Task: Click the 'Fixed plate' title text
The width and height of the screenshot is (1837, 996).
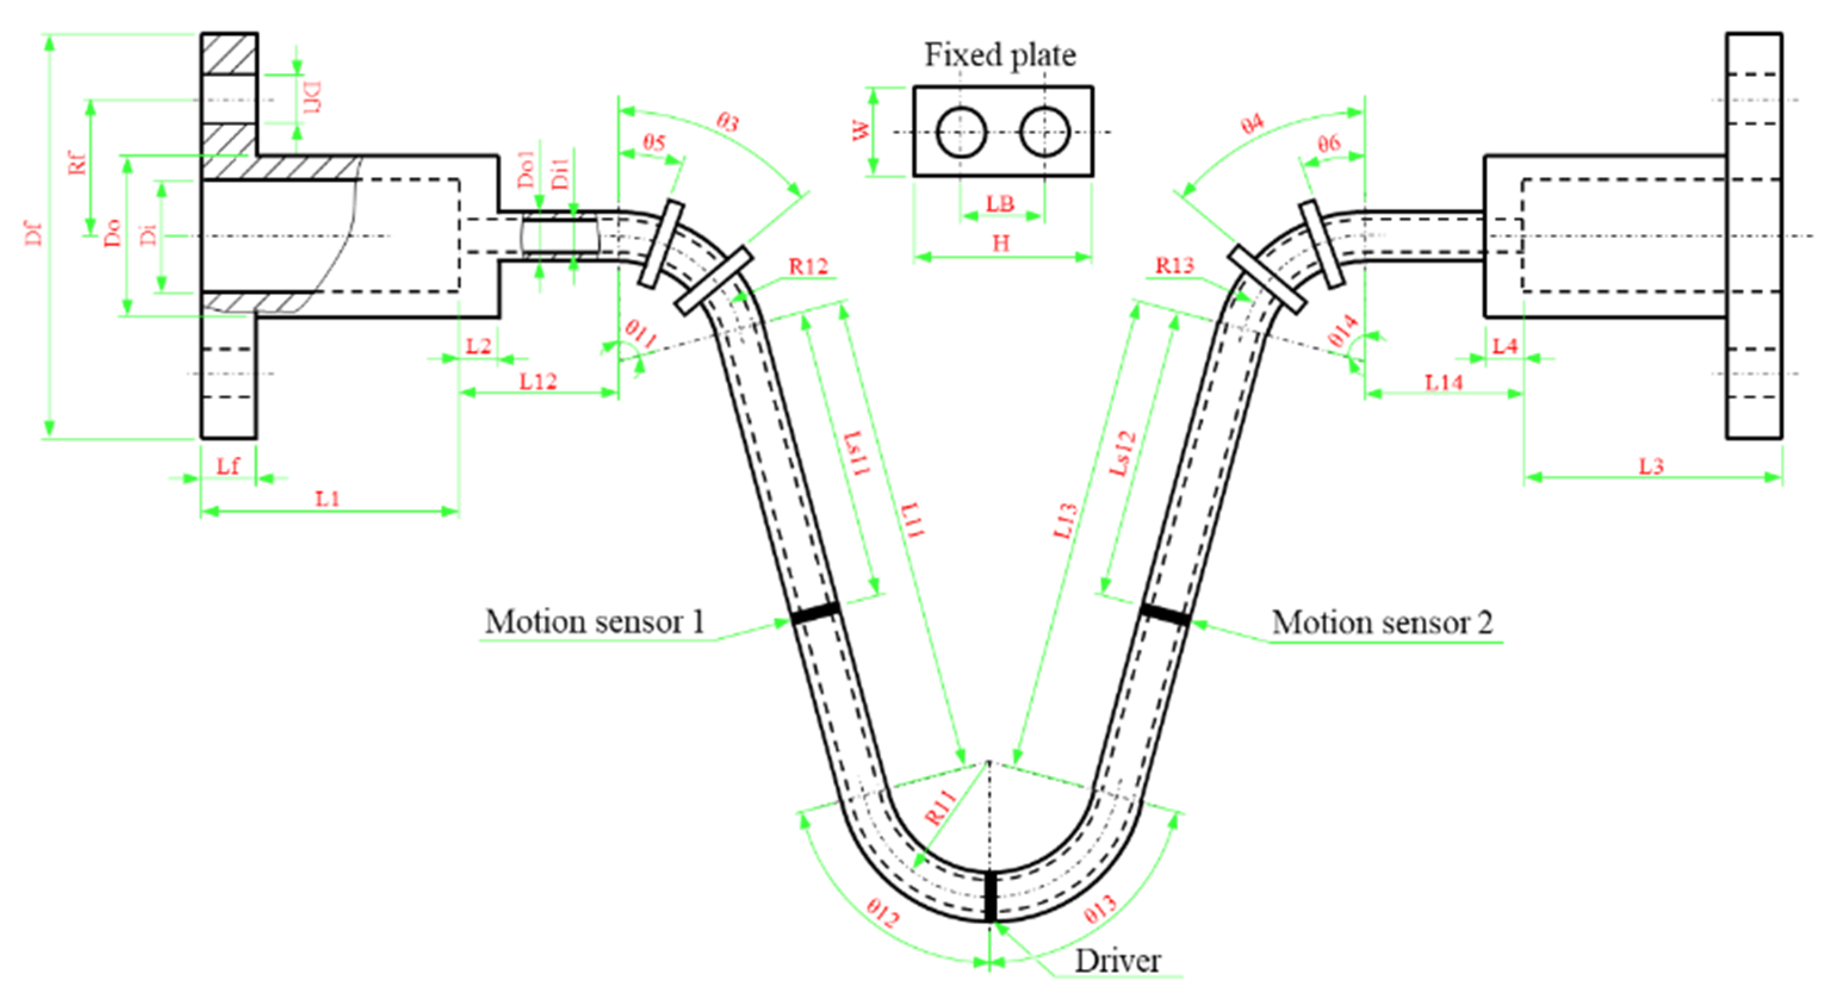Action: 1000,55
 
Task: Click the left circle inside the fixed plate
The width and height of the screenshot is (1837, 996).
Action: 961,132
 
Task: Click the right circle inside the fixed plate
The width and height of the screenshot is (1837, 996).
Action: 1045,132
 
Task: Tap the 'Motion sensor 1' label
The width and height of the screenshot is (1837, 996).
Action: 594,622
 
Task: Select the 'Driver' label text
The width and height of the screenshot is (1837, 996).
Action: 1117,960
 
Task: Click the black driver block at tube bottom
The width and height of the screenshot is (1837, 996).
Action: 991,896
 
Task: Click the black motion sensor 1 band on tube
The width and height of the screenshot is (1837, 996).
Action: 815,612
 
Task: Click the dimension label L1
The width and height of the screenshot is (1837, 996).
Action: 327,499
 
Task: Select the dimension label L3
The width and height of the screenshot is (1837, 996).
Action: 1651,466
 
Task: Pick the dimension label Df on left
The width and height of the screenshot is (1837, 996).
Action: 33,234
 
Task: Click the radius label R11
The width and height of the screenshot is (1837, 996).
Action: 940,807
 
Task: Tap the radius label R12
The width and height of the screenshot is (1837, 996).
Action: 808,267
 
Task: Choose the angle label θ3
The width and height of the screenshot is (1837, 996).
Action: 727,123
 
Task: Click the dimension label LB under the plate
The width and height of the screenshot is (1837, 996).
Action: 1000,204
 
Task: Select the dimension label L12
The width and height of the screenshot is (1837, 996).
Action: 537,381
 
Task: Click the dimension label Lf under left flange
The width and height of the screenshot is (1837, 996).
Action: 228,466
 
